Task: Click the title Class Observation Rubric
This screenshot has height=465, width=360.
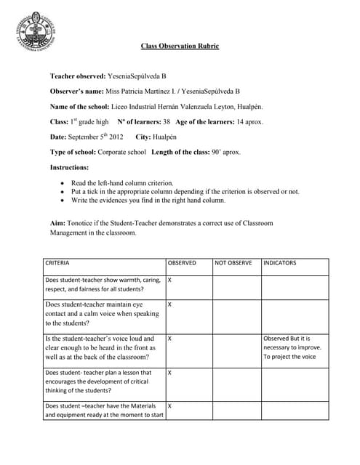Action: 180,46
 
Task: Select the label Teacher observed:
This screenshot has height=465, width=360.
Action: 77,76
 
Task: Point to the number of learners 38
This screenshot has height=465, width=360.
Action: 166,121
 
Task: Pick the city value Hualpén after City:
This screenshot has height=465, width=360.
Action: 161,137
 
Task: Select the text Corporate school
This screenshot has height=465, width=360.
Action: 120,152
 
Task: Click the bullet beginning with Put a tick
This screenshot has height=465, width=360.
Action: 185,191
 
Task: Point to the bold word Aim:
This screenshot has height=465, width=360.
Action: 57,223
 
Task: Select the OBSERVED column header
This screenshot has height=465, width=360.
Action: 182,262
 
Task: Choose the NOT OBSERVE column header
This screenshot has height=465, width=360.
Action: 233,262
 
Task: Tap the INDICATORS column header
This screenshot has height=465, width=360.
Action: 279,262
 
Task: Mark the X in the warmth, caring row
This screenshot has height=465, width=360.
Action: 169,279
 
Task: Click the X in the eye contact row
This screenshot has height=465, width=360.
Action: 169,304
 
